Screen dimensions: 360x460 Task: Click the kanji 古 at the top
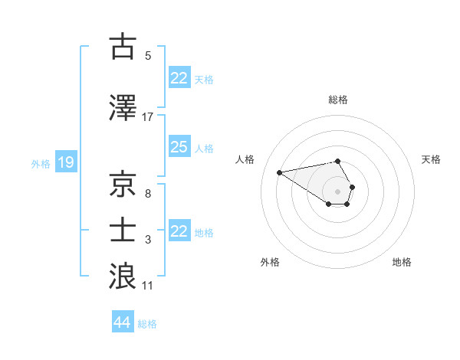[123, 47]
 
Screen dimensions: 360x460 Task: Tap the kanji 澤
[123, 108]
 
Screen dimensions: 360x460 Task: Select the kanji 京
[123, 184]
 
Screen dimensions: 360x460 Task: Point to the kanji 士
[123, 229]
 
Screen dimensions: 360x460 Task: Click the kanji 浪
[123, 276]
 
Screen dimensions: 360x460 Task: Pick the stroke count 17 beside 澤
[148, 117]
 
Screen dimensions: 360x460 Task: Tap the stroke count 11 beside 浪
[148, 286]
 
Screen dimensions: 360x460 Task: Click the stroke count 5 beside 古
[148, 56]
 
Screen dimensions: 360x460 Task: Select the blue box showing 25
[179, 147]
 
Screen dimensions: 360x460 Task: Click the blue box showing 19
[66, 162]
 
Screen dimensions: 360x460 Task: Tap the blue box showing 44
[122, 322]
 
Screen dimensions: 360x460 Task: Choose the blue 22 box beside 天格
[179, 78]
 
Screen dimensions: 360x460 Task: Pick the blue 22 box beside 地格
[179, 231]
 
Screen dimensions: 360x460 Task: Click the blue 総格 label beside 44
[147, 324]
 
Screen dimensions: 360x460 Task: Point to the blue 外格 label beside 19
[41, 163]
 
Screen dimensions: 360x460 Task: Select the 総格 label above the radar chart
[337, 100]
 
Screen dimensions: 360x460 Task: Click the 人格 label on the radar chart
[245, 159]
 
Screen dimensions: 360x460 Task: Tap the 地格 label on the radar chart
[402, 262]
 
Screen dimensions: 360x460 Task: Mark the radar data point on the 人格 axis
[279, 172]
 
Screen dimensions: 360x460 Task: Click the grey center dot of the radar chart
[337, 191]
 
